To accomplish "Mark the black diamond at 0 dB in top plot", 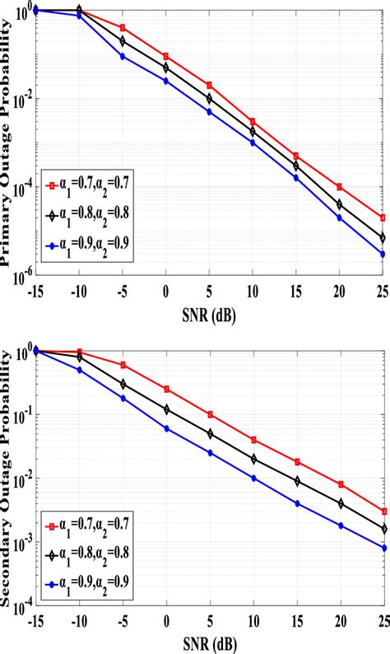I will click(166, 67).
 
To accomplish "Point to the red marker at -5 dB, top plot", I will click(123, 28).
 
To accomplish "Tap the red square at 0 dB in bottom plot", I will click(166, 389).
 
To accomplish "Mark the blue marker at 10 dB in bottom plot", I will click(253, 479).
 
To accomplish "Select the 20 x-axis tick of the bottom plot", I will click(340, 624).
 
